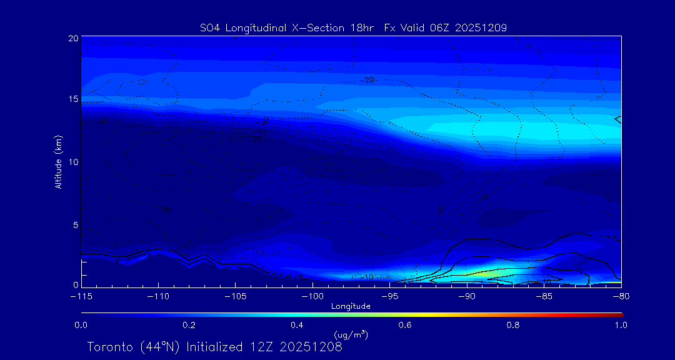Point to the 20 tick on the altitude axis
tap(72, 38)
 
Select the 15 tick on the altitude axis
tap(72, 99)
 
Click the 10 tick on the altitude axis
tap(72, 162)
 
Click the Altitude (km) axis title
tap(59, 162)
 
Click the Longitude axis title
tap(351, 306)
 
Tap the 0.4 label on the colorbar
tap(297, 325)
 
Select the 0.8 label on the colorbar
tap(513, 325)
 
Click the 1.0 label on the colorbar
tap(621, 325)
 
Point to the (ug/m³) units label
tap(351, 335)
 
